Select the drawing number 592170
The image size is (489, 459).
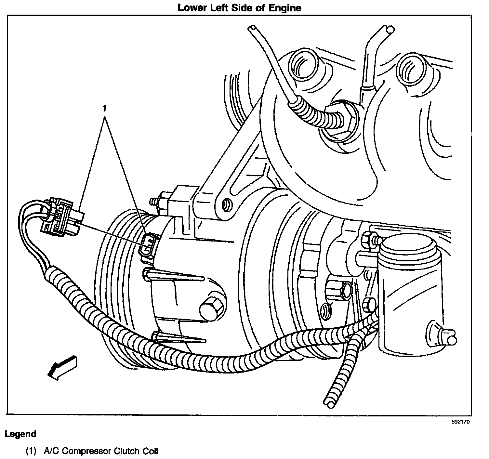(460, 422)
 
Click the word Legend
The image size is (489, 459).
(20, 434)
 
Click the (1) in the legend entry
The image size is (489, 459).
(31, 451)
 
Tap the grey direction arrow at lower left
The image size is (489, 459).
(63, 366)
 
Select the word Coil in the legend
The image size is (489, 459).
(150, 451)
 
